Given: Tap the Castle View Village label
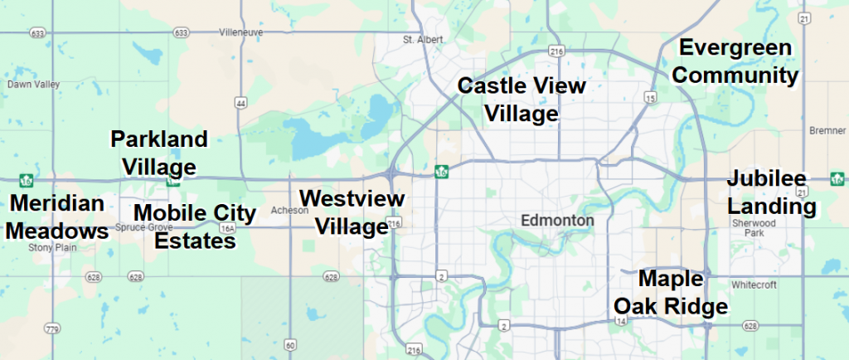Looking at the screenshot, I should tap(522, 99).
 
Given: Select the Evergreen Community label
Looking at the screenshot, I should tap(735, 61).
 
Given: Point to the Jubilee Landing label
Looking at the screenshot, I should tap(771, 192).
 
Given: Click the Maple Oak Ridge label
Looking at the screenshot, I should tap(670, 292).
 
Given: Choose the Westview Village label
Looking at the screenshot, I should tap(352, 212).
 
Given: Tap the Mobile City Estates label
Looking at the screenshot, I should tap(196, 226).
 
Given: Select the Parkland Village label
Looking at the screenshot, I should tap(159, 152).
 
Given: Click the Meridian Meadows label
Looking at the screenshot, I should tap(57, 216).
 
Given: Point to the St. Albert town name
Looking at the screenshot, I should tap(423, 39).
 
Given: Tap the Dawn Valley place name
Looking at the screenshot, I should tap(28, 85).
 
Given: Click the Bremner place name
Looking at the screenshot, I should tap(826, 131).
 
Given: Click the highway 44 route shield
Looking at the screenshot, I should tap(241, 103).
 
